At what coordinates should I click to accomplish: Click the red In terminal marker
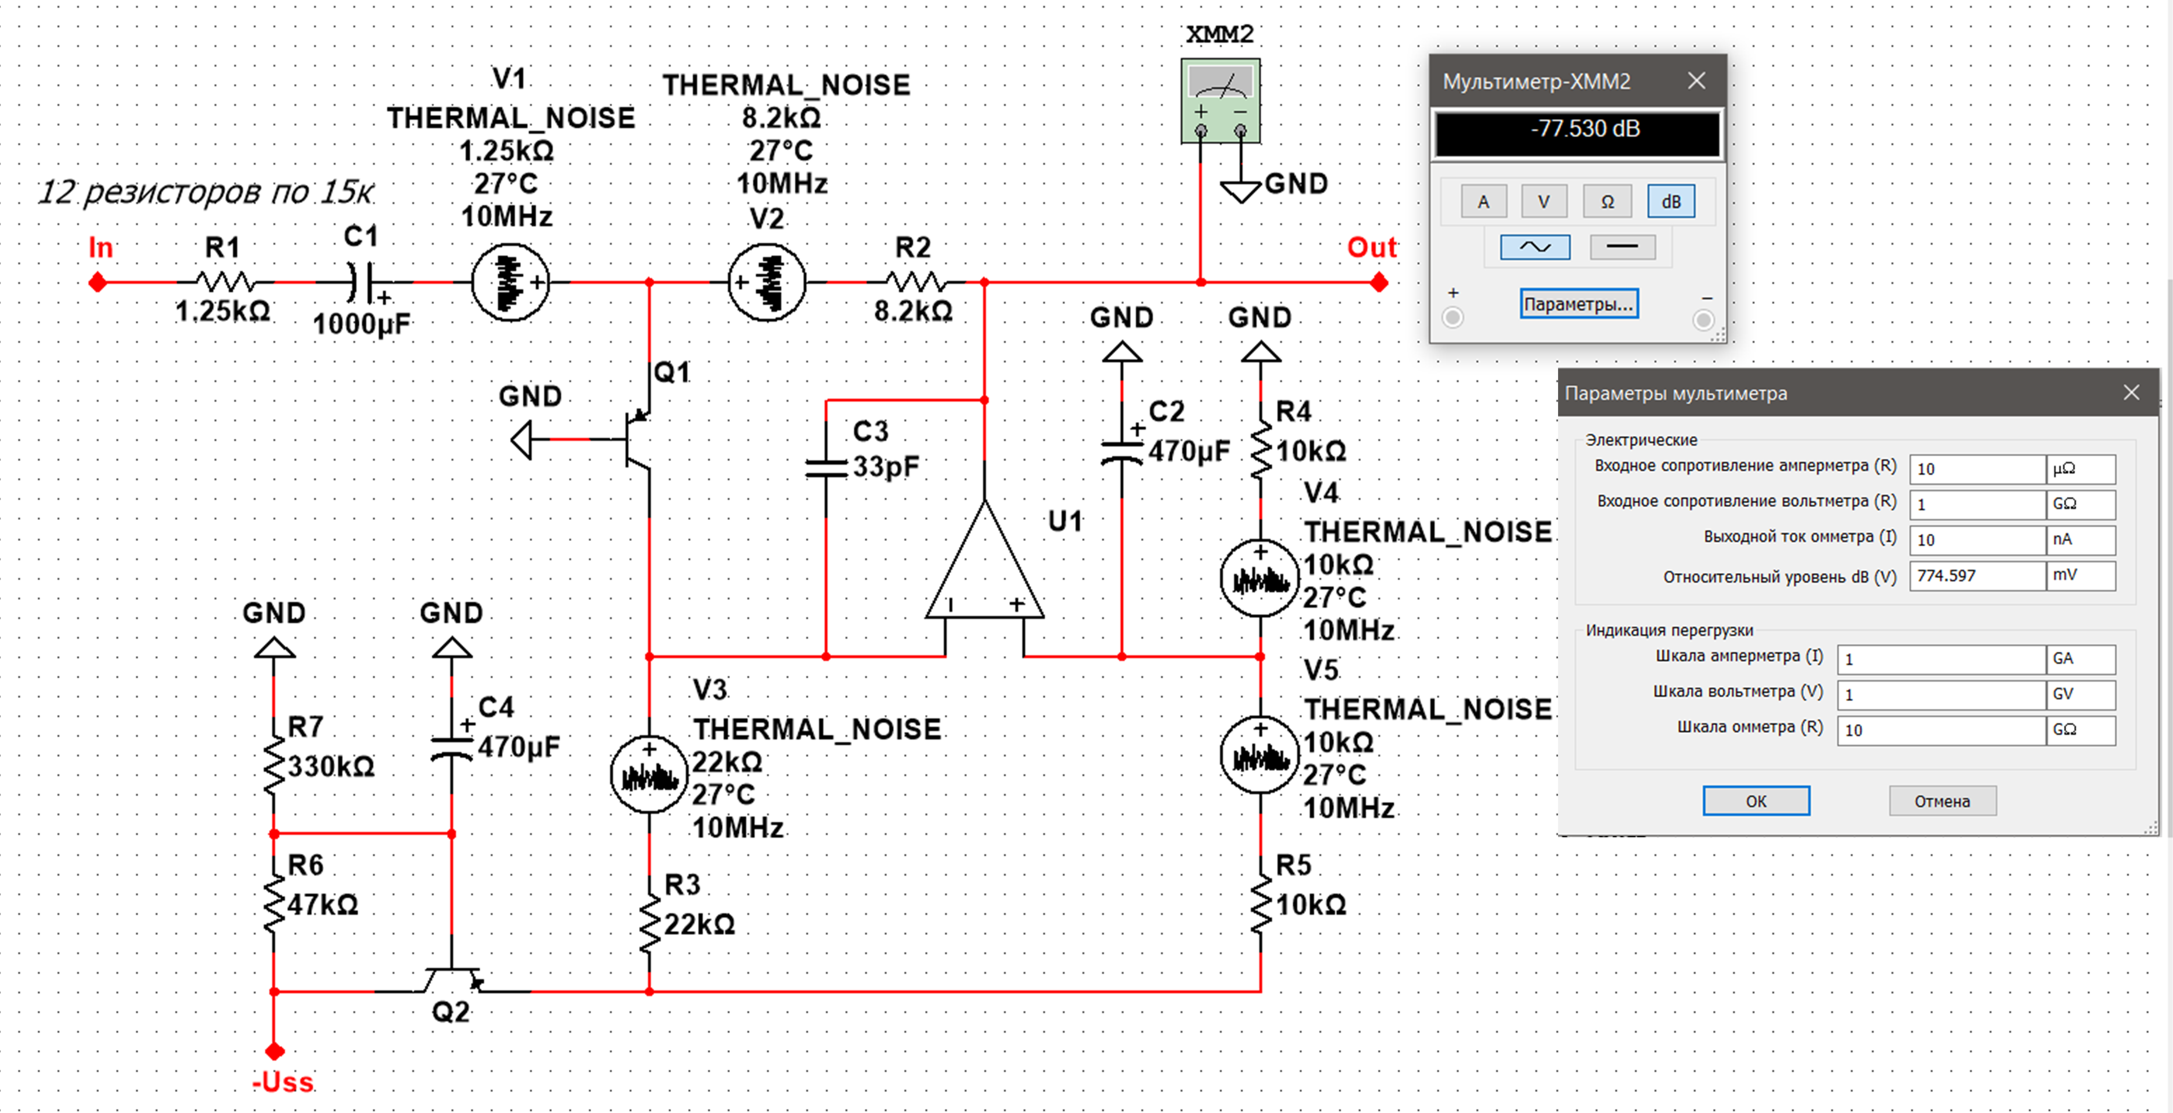98,282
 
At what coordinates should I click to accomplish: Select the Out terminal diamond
1379,282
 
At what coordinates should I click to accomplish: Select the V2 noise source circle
766,282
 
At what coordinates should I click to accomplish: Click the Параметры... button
1578,304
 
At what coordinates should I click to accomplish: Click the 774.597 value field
1976,575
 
